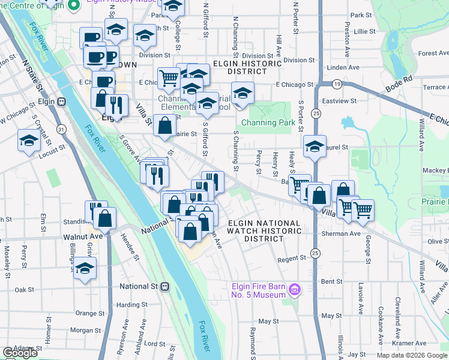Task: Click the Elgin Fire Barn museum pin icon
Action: tap(294, 290)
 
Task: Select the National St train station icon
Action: tap(164, 286)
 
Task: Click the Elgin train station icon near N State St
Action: tap(61, 101)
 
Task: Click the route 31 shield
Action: tap(61, 128)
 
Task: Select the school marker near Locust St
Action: tap(29, 141)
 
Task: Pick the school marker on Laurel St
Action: tap(315, 147)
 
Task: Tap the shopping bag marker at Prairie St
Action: tap(164, 126)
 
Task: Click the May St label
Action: tap(331, 316)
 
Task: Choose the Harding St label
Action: tap(128, 305)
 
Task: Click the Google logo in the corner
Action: tap(20, 353)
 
